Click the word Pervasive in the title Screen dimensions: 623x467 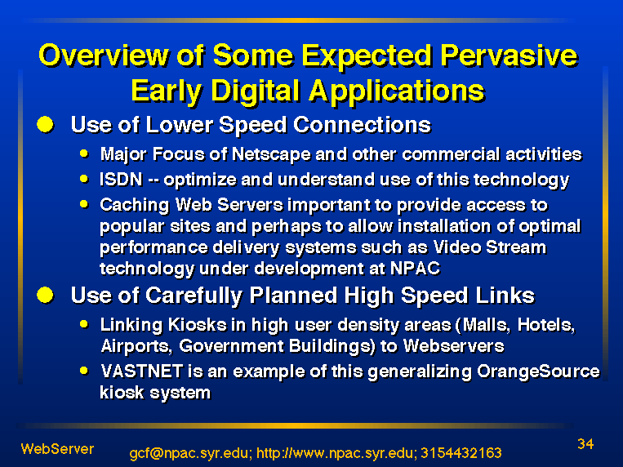[509, 56]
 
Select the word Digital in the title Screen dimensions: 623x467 [255, 91]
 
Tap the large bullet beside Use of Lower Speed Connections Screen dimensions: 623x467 [45, 124]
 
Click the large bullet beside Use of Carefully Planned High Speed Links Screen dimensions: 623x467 [45, 295]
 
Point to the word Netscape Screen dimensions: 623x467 [271, 154]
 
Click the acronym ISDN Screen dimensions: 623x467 [121, 180]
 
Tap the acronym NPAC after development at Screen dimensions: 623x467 [416, 269]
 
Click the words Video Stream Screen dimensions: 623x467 [490, 247]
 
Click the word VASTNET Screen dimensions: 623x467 [142, 371]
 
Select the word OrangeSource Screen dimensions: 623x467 [538, 371]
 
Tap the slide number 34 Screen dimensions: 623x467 [585, 444]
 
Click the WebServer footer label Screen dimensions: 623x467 [58, 449]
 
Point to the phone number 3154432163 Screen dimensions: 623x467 [461, 453]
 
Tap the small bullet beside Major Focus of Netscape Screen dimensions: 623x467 [84, 153]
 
